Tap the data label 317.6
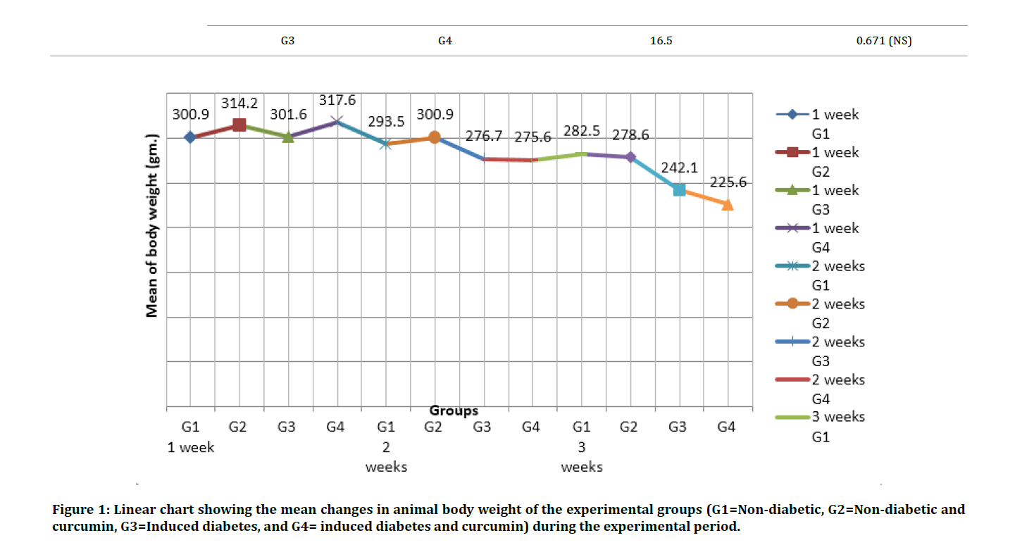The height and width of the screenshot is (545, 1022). click(x=337, y=101)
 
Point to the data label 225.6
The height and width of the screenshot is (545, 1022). click(x=728, y=182)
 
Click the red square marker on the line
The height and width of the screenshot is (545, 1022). click(x=239, y=125)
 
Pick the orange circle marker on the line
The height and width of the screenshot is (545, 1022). click(x=435, y=137)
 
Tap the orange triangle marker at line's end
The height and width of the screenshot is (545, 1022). click(x=728, y=204)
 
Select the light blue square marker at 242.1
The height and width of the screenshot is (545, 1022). click(x=679, y=189)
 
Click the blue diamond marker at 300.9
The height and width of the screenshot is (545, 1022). click(x=190, y=137)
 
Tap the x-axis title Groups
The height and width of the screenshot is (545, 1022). click(x=454, y=411)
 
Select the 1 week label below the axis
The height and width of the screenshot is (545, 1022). click(x=191, y=447)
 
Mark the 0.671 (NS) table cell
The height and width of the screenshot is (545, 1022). click(x=883, y=41)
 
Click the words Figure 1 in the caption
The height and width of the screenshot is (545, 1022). click(x=79, y=509)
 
